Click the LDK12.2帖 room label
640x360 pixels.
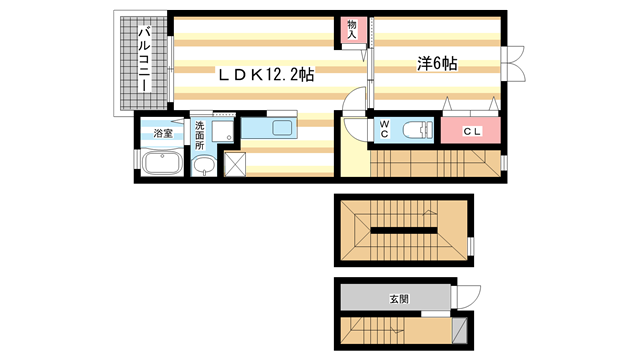261,74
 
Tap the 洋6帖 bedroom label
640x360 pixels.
437,64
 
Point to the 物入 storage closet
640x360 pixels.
353,29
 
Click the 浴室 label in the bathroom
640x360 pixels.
160,130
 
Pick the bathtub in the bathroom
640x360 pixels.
160,164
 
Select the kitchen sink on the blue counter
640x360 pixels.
280,128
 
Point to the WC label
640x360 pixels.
384,128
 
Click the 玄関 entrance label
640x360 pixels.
399,298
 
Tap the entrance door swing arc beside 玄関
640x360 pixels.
468,295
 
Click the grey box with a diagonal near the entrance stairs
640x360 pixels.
460,331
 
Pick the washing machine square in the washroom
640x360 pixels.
221,129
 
